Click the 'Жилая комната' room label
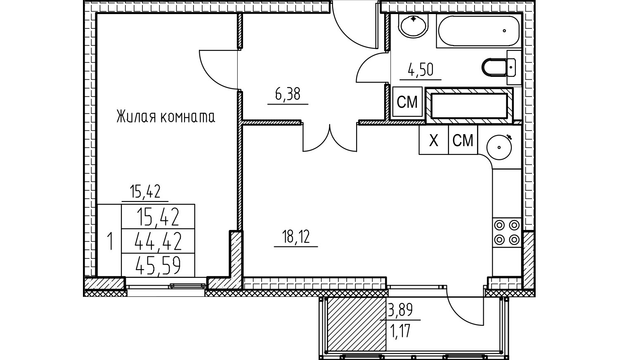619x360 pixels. tap(165, 117)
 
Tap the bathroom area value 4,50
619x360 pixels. tap(421, 70)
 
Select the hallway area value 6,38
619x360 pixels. tap(288, 94)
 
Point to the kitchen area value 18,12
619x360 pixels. tap(296, 237)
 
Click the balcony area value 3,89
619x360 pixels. tap(400, 310)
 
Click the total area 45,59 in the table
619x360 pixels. tap(158, 265)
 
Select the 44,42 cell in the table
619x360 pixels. tap(158, 241)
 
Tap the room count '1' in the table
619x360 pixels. tap(110, 241)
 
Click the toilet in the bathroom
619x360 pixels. tap(499, 67)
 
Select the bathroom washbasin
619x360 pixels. tap(413, 25)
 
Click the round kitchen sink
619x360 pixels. tap(499, 147)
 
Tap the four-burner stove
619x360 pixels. tap(507, 232)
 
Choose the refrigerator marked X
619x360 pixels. tap(434, 140)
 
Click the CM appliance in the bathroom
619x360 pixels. tap(407, 102)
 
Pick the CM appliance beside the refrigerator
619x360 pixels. tap(463, 140)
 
